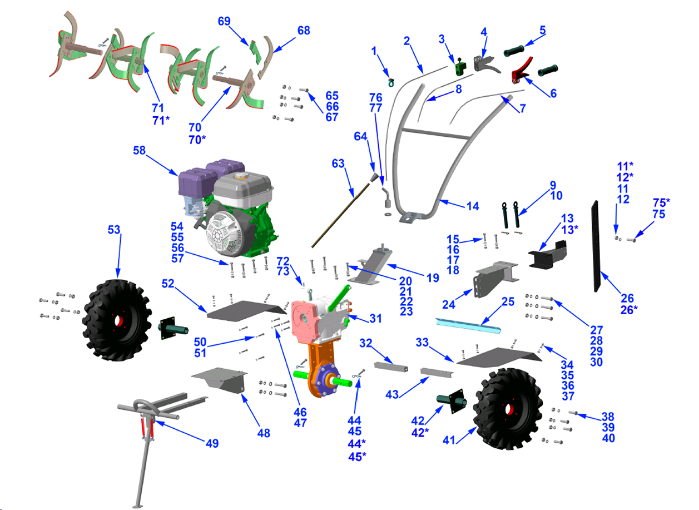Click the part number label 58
click(x=140, y=150)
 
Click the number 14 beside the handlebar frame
click(x=472, y=206)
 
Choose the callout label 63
click(x=339, y=164)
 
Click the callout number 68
click(x=304, y=30)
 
